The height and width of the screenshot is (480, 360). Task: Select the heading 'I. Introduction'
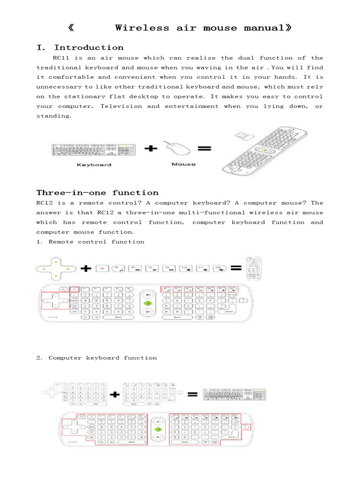(80, 48)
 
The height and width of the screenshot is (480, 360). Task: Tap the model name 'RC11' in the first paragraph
(62, 58)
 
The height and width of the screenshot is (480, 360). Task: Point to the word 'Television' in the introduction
(121, 106)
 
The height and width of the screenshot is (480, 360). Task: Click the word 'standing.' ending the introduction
(54, 116)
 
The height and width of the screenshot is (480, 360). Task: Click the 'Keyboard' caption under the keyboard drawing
(94, 165)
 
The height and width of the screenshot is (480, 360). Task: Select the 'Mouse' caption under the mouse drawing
(183, 164)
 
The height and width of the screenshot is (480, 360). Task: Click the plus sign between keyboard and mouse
(150, 149)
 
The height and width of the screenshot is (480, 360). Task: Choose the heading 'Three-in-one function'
(97, 193)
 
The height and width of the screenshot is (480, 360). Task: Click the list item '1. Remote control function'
(90, 242)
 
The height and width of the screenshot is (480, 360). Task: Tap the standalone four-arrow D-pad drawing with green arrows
(55, 269)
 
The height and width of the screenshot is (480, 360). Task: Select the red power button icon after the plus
(102, 269)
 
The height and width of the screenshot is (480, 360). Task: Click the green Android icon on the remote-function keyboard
(148, 304)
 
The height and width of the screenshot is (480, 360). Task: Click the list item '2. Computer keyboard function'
(97, 358)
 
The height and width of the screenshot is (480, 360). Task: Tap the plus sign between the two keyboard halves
(114, 395)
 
